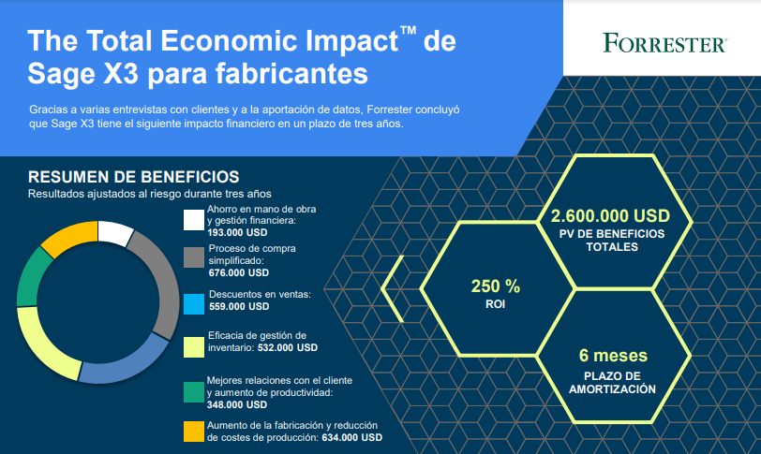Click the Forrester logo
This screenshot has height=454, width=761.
pyautogui.click(x=664, y=43)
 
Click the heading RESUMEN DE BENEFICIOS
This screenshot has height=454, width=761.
pyautogui.click(x=133, y=177)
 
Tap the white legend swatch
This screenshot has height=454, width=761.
pyautogui.click(x=194, y=219)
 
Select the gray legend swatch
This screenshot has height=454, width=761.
pyautogui.click(x=194, y=257)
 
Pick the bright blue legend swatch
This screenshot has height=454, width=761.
pyautogui.click(x=194, y=304)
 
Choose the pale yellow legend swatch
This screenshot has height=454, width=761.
pyautogui.click(x=194, y=347)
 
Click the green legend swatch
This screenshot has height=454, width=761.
pyautogui.click(x=194, y=392)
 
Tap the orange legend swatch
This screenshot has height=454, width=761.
pyautogui.click(x=194, y=432)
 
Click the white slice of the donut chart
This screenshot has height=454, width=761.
pyautogui.click(x=114, y=232)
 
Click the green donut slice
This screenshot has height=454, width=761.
pyautogui.click(x=32, y=276)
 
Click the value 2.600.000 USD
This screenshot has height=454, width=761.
pyautogui.click(x=610, y=215)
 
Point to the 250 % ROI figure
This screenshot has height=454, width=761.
pyautogui.click(x=496, y=293)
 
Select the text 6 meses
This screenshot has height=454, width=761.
pyautogui.click(x=613, y=356)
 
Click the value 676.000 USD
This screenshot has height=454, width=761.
pyautogui.click(x=239, y=272)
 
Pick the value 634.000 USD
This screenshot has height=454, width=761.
pyautogui.click(x=351, y=437)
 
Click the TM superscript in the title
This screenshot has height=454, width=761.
pyautogui.click(x=409, y=31)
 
